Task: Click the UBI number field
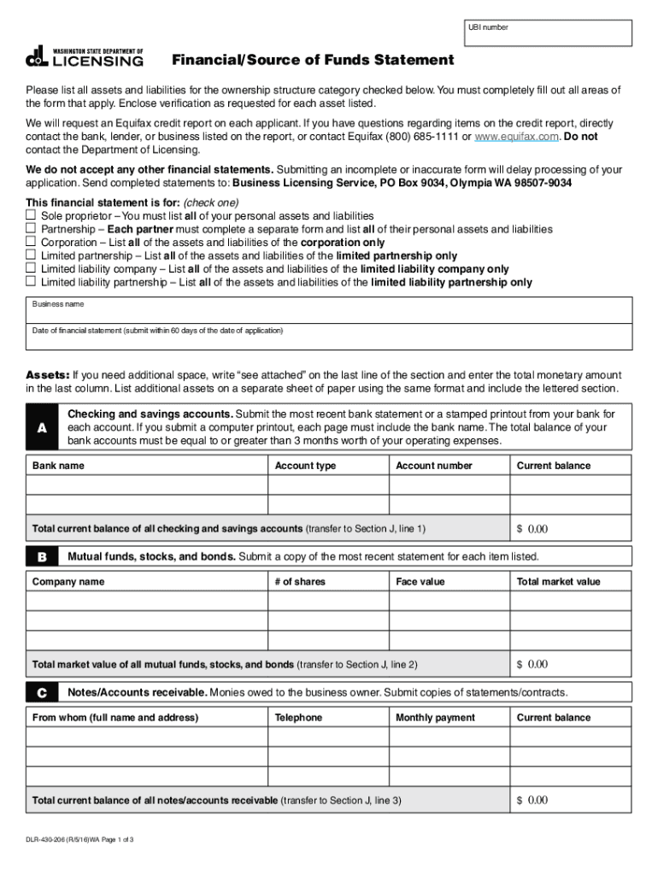point(548,33)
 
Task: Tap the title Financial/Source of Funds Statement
point(313,61)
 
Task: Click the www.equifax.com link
point(516,137)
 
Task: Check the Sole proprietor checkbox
point(31,216)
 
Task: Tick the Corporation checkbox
point(31,242)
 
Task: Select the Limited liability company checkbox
point(31,268)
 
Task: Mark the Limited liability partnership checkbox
point(31,281)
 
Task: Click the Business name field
point(329,310)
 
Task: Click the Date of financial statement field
point(329,337)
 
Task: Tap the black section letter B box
point(42,557)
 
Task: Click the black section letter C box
point(42,692)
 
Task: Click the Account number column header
point(434,466)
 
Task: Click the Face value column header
point(420,582)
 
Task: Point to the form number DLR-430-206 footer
point(80,840)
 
